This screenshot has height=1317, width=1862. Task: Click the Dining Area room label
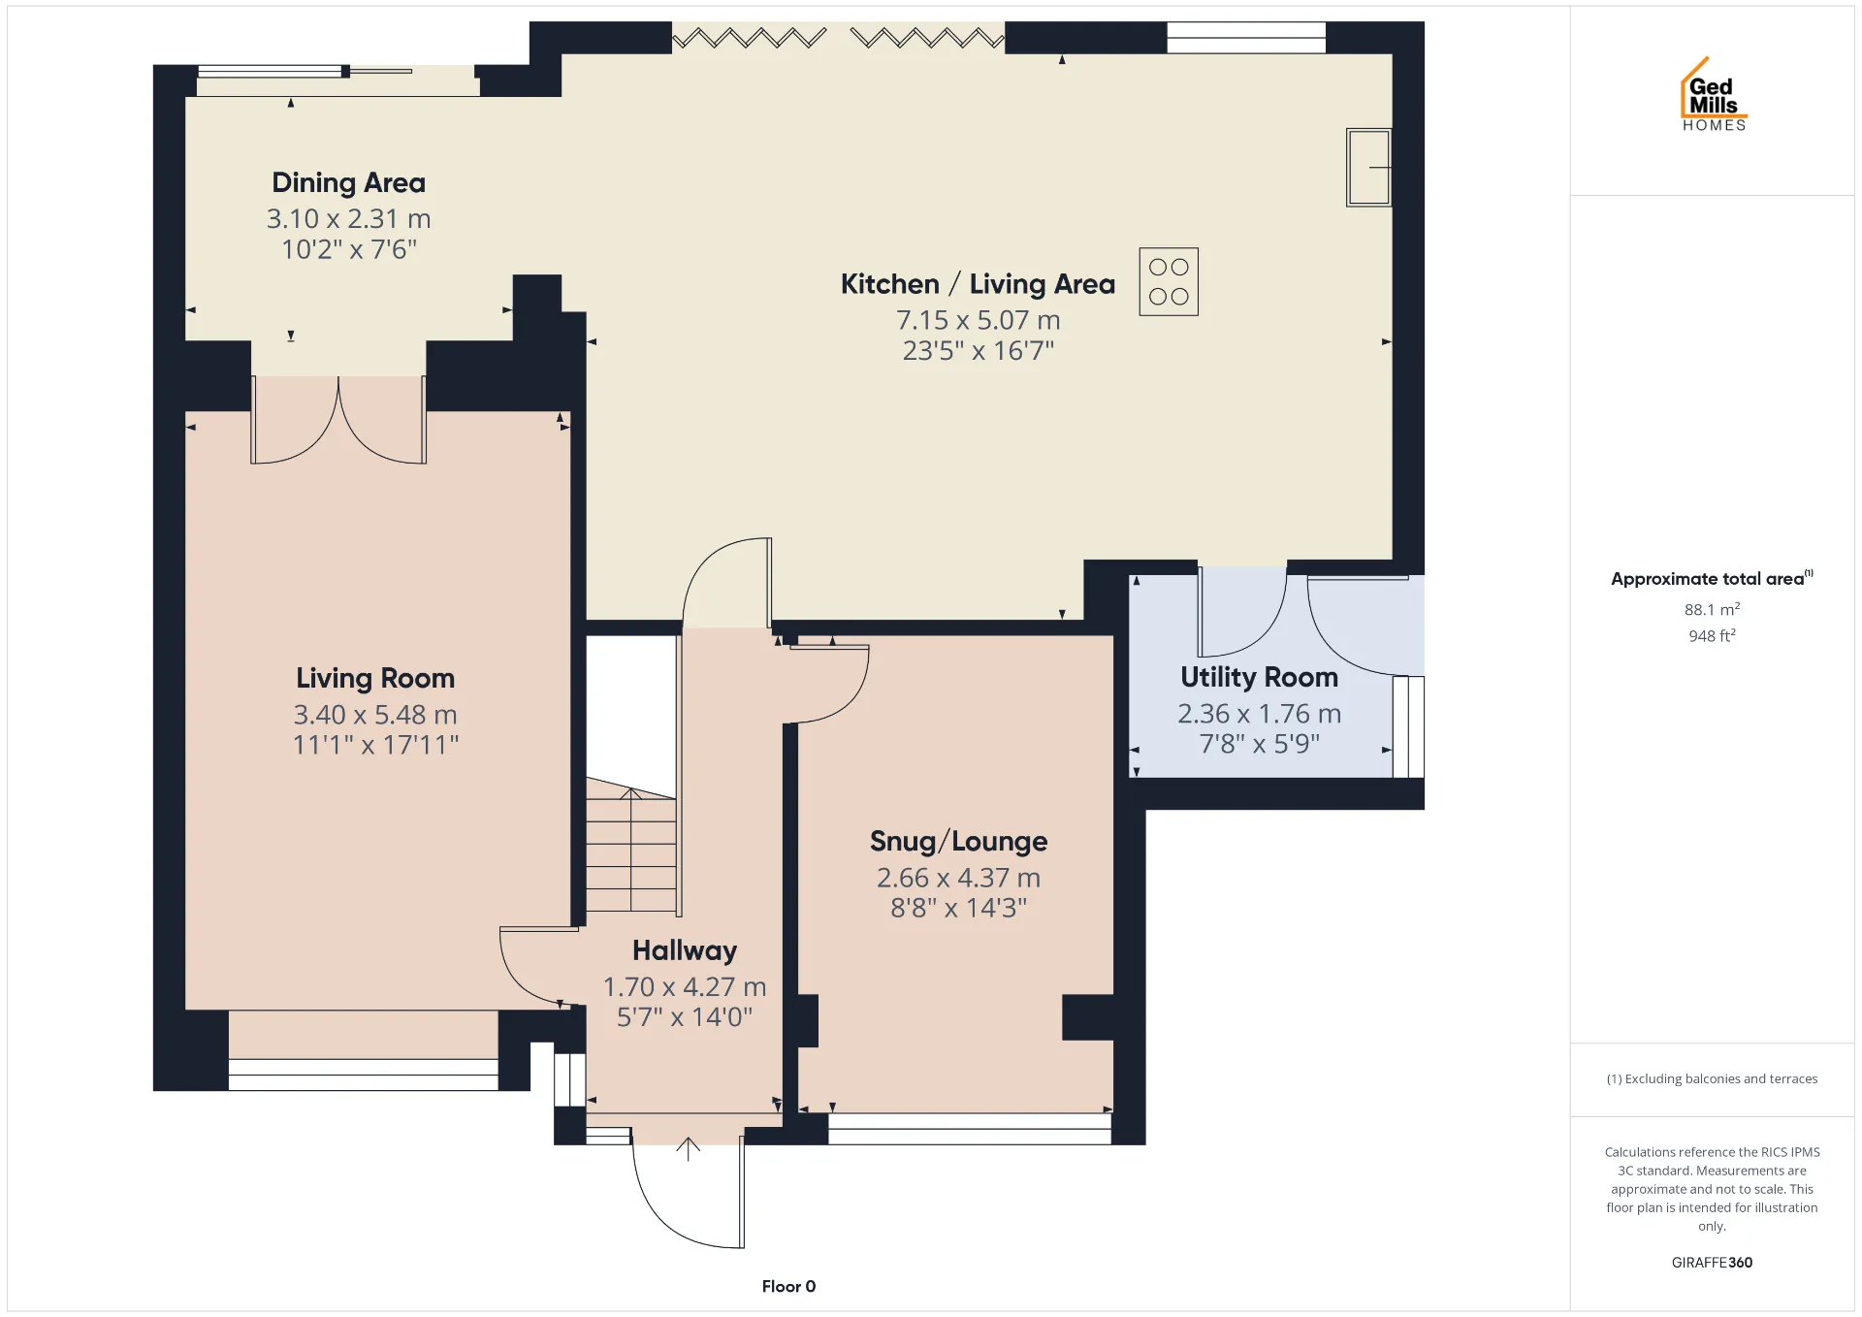click(x=348, y=182)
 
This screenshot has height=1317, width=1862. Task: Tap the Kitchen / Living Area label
click(x=978, y=284)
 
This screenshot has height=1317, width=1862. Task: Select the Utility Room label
click(x=1259, y=677)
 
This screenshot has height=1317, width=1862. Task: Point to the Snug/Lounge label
click(x=958, y=841)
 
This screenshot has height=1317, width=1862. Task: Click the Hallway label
click(x=685, y=950)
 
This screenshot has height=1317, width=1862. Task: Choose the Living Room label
click(x=375, y=678)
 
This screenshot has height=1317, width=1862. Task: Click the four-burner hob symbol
click(x=1169, y=281)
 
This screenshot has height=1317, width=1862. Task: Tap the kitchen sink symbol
click(x=1368, y=168)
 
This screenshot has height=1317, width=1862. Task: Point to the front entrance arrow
click(x=688, y=1149)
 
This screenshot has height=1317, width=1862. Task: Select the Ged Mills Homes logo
click(x=1714, y=94)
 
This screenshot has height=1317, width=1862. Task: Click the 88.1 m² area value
click(x=1712, y=609)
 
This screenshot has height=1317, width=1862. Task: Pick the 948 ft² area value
click(x=1712, y=635)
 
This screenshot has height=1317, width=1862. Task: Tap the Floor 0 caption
click(x=788, y=1286)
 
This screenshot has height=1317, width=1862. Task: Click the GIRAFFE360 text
click(x=1712, y=1262)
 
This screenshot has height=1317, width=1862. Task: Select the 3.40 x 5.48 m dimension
click(x=375, y=715)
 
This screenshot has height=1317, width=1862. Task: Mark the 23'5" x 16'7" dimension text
click(x=978, y=350)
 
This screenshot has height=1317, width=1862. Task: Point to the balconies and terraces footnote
click(x=1712, y=1078)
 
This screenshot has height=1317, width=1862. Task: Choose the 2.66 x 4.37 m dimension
click(x=958, y=878)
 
